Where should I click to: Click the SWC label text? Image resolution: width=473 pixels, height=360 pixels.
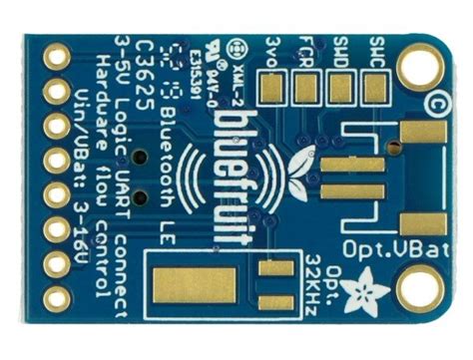[x=375, y=48]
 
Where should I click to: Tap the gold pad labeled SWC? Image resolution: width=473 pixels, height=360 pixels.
[x=375, y=89]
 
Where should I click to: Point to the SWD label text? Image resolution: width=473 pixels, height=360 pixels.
[x=341, y=48]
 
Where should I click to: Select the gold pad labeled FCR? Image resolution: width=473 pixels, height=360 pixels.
[x=307, y=89]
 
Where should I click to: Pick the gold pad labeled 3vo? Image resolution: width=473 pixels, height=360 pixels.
[x=273, y=89]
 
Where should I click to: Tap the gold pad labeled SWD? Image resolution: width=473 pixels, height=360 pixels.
[x=341, y=89]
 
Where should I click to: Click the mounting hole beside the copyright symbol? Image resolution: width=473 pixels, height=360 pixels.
[x=420, y=67]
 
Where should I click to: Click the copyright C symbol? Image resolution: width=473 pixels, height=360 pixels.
[x=435, y=101]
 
